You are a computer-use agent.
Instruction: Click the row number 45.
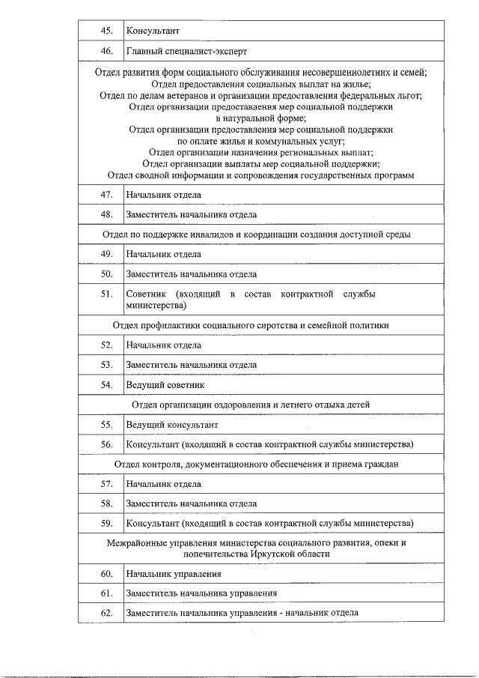pos(106,31)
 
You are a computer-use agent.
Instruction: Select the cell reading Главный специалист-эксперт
pos(186,51)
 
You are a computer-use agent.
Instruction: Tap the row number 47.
pos(106,195)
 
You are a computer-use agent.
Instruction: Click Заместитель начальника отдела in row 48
pos(192,215)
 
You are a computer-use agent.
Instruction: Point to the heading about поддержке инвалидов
pos(256,234)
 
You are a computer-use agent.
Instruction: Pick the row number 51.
pos(106,294)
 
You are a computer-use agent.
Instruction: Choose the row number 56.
pos(106,444)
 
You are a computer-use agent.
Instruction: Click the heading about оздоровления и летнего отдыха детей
pos(251,405)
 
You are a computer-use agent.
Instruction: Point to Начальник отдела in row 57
pos(163,484)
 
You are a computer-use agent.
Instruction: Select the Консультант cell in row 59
pos(269,523)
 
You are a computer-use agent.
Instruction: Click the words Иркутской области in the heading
pos(292,554)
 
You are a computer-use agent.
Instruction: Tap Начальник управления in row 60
pos(174,574)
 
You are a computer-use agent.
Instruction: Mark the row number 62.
pos(106,613)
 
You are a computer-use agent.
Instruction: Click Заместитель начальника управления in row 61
pos(201,593)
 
